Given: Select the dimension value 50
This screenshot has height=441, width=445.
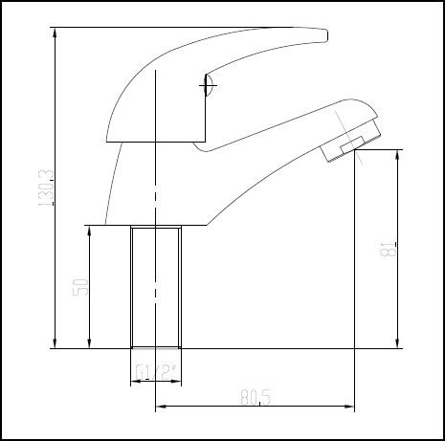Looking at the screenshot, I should pos(81,286).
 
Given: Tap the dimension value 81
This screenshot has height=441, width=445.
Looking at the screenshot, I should pos(388,248).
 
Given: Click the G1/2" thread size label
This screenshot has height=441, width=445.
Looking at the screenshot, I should pos(155,372).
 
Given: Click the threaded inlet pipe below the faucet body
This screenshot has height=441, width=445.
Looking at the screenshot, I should pos(156,287).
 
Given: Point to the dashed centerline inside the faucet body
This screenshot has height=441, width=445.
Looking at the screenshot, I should pos(155,191).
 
